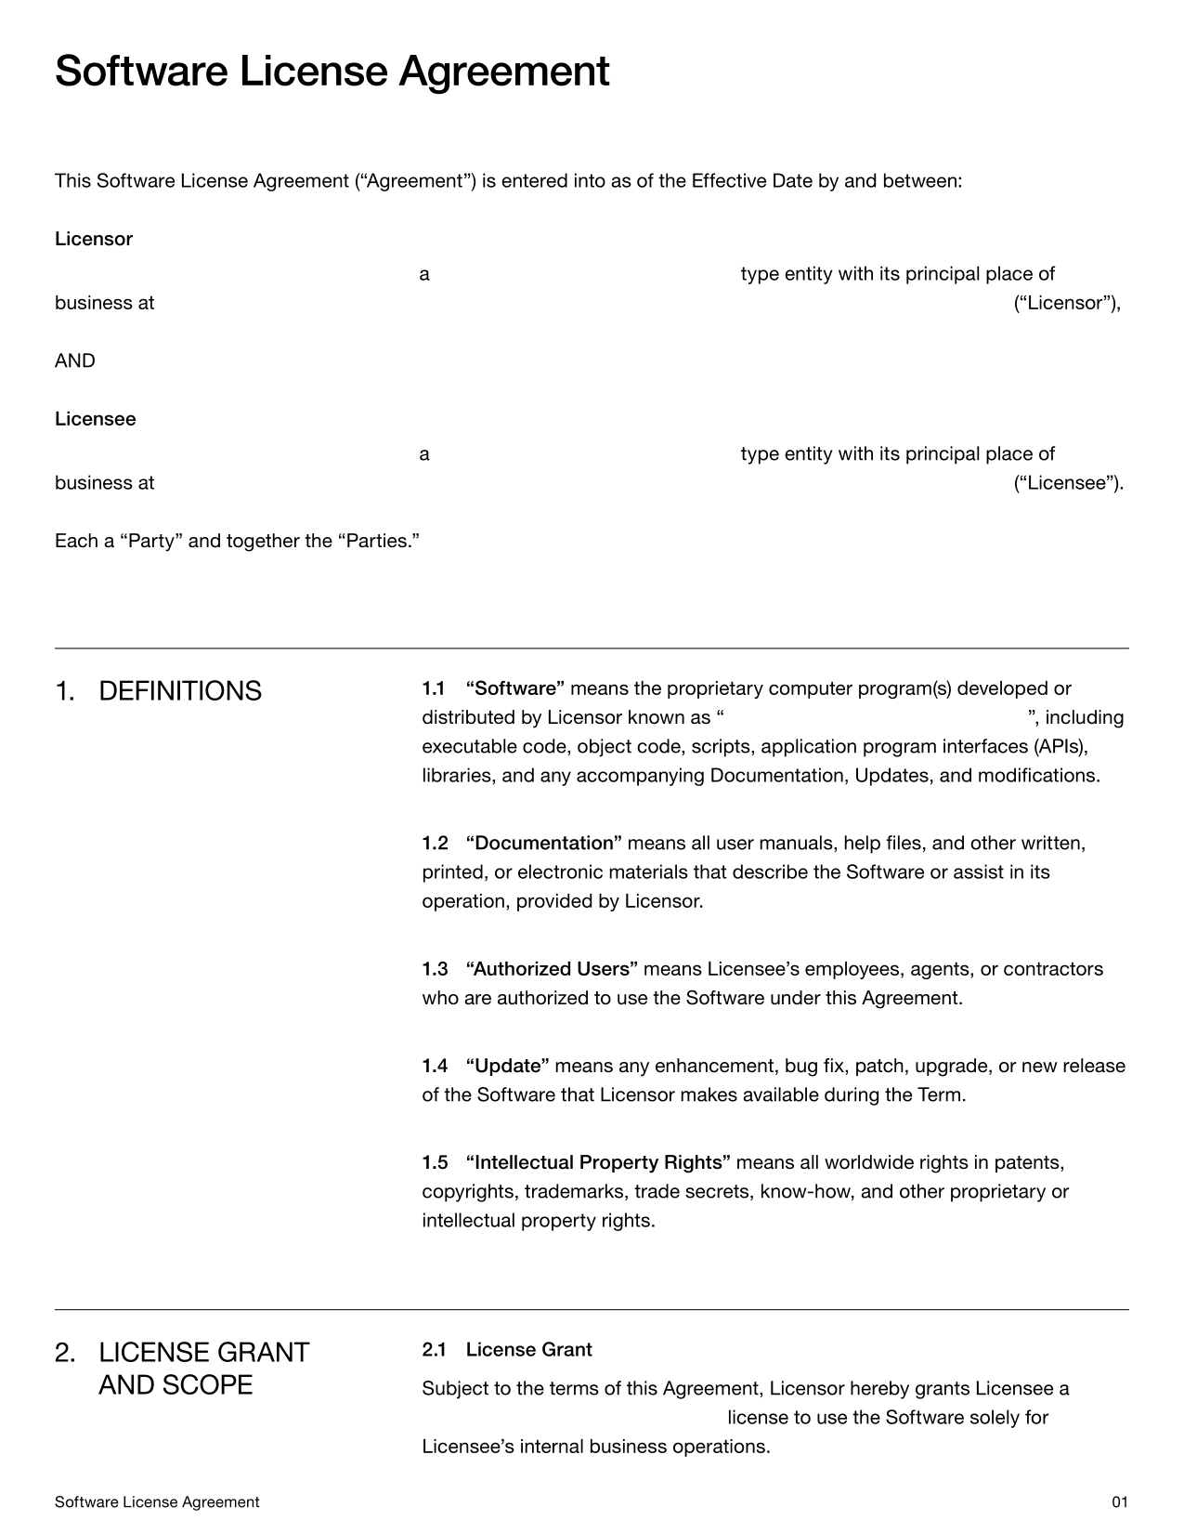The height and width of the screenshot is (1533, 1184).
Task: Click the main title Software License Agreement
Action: [x=332, y=72]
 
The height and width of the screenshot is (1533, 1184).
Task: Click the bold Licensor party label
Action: [x=94, y=239]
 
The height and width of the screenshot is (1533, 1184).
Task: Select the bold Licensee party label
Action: [x=95, y=419]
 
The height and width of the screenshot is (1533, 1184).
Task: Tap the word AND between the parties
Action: [x=74, y=360]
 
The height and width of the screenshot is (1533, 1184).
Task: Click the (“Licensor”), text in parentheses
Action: [x=1067, y=303]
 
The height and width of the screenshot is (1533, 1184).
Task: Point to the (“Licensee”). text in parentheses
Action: [x=1068, y=483]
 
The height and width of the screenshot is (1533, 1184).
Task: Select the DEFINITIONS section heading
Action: [x=179, y=691]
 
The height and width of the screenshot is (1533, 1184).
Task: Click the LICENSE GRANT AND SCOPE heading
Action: [x=202, y=1369]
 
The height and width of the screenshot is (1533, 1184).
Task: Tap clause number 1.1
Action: [x=434, y=688]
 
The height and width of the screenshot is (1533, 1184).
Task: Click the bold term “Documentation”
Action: [x=543, y=843]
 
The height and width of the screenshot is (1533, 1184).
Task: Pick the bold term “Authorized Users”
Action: [x=552, y=969]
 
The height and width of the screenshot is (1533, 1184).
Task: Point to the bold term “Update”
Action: [x=508, y=1066]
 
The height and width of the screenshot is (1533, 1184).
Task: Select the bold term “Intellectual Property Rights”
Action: [x=598, y=1162]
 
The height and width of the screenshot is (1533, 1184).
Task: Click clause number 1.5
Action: [x=435, y=1162]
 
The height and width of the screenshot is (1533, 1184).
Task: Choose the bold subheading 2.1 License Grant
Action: [x=507, y=1349]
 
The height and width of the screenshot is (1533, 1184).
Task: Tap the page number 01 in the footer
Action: [x=1119, y=1501]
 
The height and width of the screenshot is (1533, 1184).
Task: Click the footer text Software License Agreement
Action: [x=157, y=1501]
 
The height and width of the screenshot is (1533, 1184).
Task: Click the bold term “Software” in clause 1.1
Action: [x=515, y=688]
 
